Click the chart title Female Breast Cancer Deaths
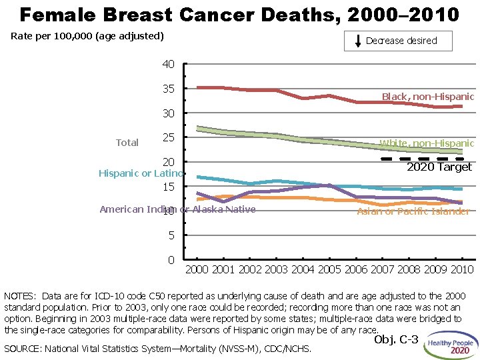point(239,14)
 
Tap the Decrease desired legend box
point(398,41)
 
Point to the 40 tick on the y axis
point(168,65)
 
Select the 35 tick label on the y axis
point(168,89)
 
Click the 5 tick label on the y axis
point(171,235)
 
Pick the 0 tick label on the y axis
point(171,259)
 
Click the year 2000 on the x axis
point(197,270)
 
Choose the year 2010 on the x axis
point(461,270)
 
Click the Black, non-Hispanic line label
point(427,97)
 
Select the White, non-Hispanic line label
point(427,143)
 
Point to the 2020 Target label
point(439,167)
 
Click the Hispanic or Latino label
point(141,174)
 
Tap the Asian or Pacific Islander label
point(413,211)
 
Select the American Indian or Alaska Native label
point(177,210)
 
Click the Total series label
point(127,143)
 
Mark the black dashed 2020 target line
point(420,159)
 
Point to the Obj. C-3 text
point(396,340)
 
